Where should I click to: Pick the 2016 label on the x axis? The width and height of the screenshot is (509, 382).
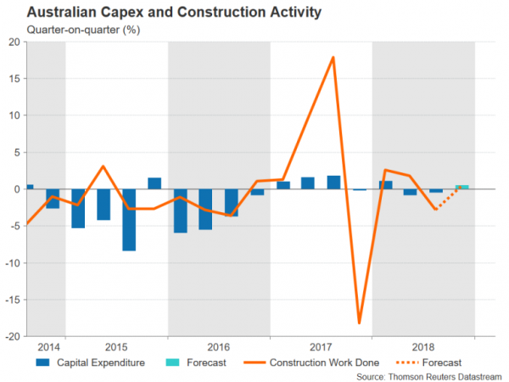[x=219, y=347]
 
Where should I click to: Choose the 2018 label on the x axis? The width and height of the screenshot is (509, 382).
[x=423, y=347]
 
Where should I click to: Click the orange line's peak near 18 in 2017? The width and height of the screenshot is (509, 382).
[x=333, y=58]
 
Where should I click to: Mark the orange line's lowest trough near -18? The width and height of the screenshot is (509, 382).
[x=360, y=323]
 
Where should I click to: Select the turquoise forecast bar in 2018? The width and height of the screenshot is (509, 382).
[x=461, y=187]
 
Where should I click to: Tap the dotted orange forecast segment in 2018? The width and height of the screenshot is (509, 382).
[x=449, y=198]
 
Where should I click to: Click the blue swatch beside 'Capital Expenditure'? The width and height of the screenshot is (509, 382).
[x=42, y=362]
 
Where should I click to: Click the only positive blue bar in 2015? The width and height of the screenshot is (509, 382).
[x=154, y=183]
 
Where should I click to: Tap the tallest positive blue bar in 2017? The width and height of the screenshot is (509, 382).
[x=333, y=182]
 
